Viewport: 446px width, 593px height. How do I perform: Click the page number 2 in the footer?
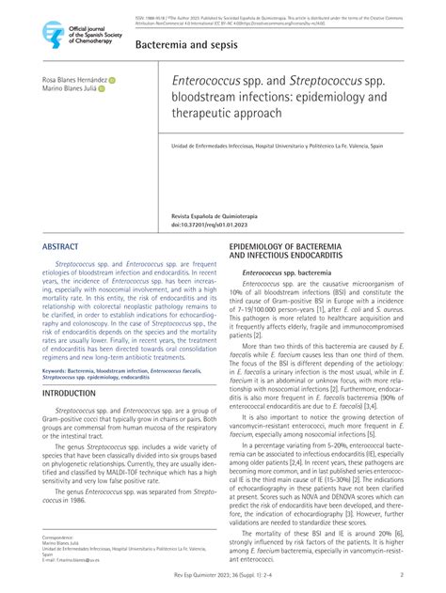pos(402,575)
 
